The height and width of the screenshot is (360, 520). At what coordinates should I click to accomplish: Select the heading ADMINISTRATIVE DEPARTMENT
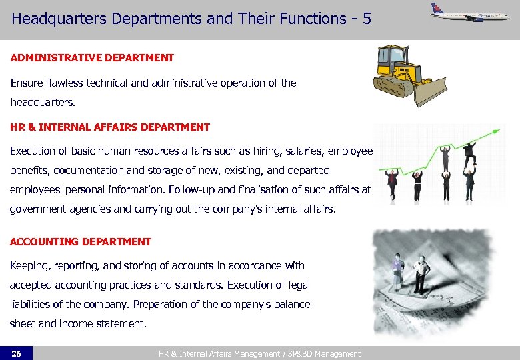click(92, 58)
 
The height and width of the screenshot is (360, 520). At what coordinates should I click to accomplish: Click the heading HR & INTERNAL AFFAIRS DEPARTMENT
click(110, 127)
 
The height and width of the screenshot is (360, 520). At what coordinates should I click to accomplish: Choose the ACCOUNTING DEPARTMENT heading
click(81, 242)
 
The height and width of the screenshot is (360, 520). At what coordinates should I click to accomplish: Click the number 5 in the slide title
click(367, 19)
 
